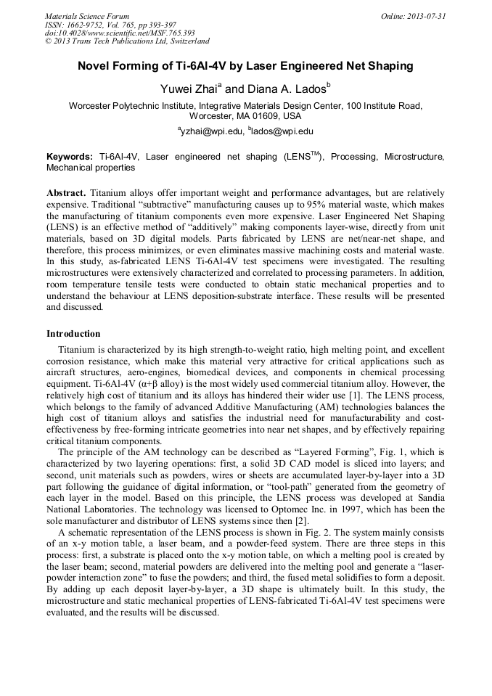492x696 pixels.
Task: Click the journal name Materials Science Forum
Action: tap(86, 16)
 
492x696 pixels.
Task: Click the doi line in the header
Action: tap(119, 33)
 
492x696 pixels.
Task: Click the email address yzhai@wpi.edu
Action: tap(210, 131)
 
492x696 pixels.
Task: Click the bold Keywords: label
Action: tap(70, 157)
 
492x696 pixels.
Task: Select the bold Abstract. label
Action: tap(67, 195)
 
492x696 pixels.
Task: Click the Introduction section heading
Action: tap(73, 334)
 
